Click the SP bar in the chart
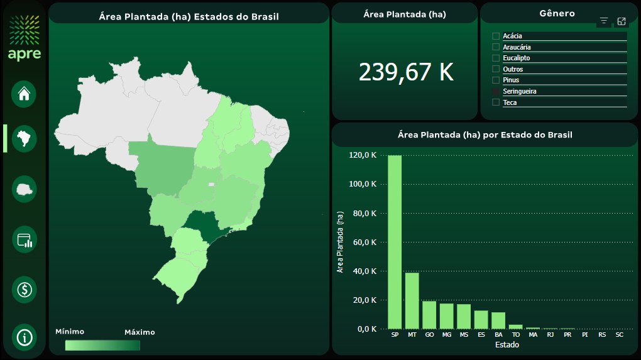[x=395, y=242]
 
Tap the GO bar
[x=429, y=315]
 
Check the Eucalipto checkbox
[x=496, y=58]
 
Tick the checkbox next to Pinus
[x=496, y=80]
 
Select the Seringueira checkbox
[x=496, y=91]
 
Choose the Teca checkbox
[x=496, y=102]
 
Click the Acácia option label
[x=512, y=36]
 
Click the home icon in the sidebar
[x=24, y=94]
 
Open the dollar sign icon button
[x=25, y=290]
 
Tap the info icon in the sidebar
[x=25, y=337]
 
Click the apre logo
[x=25, y=38]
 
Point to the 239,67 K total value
[x=406, y=72]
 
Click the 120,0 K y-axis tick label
[x=364, y=155]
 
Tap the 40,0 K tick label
[x=365, y=271]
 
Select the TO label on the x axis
[x=515, y=335]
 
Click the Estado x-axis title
[x=507, y=345]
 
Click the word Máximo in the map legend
[x=139, y=332]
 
